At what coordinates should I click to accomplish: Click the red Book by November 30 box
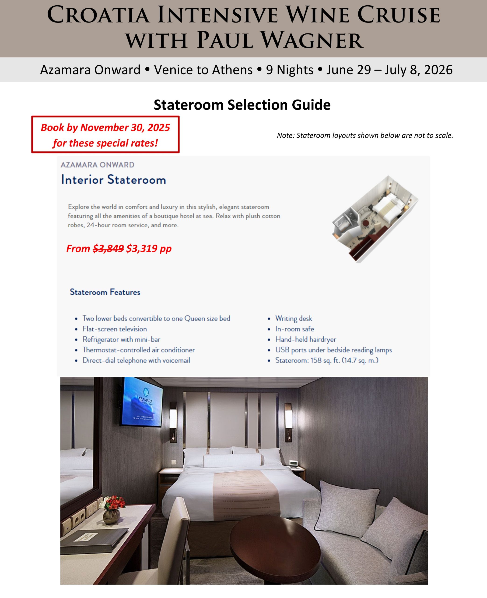pyautogui.click(x=105, y=135)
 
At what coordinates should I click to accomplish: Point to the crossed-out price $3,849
pyautogui.click(x=108, y=249)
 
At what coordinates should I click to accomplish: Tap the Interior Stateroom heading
pyautogui.click(x=113, y=180)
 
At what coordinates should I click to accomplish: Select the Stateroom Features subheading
pyautogui.click(x=105, y=292)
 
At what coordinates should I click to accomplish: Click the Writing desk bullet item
pyautogui.click(x=293, y=318)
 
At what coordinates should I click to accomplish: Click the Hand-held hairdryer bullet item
pyautogui.click(x=305, y=339)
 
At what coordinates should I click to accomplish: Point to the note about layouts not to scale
pyautogui.click(x=365, y=136)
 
